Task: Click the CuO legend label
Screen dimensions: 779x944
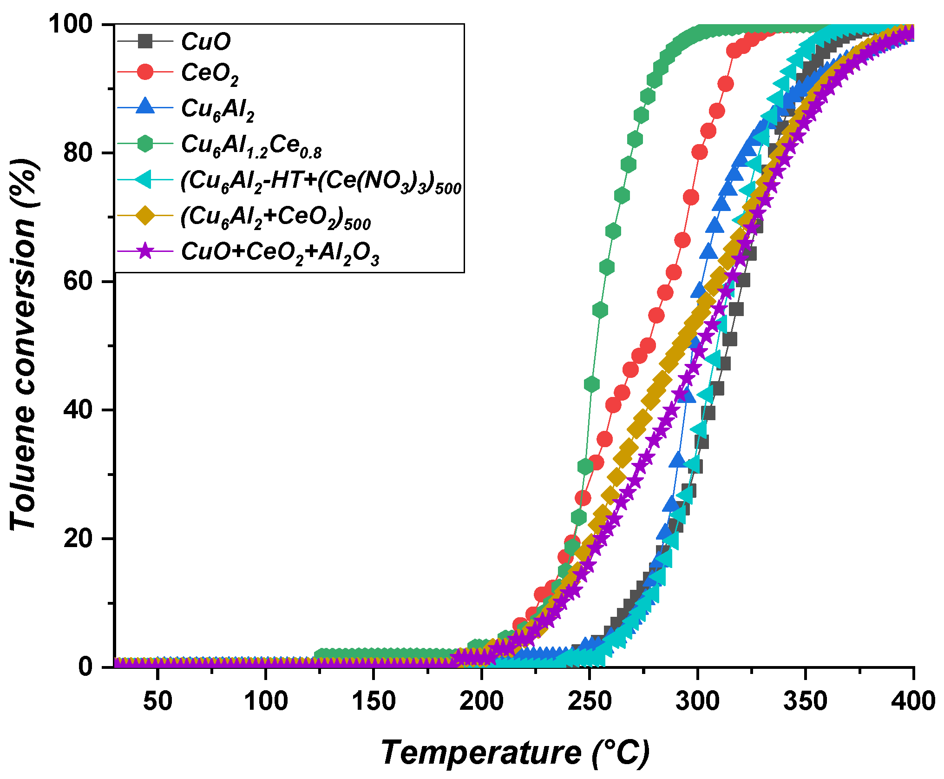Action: coord(205,42)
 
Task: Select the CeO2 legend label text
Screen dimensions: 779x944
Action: coord(210,73)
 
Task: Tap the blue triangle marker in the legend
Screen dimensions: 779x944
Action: coord(145,106)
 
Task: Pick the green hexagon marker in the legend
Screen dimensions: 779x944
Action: coord(145,143)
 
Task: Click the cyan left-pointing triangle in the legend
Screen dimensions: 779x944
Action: coord(144,180)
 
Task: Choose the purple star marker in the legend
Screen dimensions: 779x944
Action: coord(145,251)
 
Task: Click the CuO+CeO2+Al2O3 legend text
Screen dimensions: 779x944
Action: coord(280,253)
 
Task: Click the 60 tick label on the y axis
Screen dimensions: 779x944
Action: coord(78,281)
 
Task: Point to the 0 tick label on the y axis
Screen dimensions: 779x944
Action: coord(85,667)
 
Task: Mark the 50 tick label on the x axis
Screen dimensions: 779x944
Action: coord(157,701)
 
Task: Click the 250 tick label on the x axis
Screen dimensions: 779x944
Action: coord(589,701)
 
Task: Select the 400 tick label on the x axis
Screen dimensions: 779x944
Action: coord(912,701)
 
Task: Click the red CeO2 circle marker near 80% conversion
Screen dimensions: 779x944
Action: coord(699,152)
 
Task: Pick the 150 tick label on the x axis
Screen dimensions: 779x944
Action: coord(374,701)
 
